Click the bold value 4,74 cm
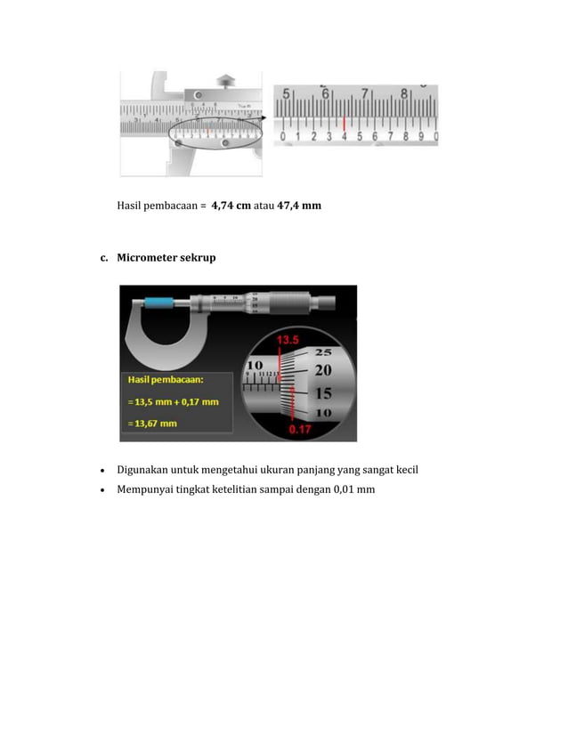(x=231, y=206)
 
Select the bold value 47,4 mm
(x=299, y=206)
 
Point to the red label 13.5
(x=288, y=340)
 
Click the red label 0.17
(x=301, y=430)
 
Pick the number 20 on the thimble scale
(x=323, y=368)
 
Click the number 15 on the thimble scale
(x=323, y=392)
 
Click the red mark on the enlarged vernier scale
(x=344, y=123)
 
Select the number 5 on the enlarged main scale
(x=286, y=93)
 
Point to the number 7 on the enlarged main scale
(x=366, y=93)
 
